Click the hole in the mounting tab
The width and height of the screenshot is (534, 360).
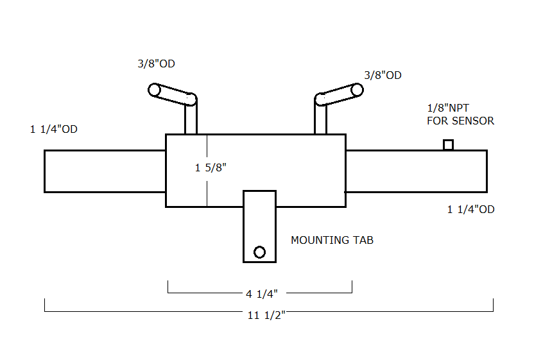(x=259, y=252)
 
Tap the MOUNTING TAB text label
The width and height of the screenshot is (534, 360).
(x=332, y=241)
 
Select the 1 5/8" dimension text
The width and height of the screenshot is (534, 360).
(x=211, y=169)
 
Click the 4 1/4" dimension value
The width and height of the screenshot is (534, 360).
(x=261, y=294)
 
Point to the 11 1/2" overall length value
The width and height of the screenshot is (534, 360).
(x=266, y=315)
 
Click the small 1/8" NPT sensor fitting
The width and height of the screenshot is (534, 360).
(x=449, y=145)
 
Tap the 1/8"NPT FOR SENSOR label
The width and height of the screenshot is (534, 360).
(x=460, y=114)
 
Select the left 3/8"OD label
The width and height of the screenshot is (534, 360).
(x=155, y=64)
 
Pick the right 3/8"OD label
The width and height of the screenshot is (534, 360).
(x=383, y=75)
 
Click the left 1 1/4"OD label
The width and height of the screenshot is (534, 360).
(x=54, y=130)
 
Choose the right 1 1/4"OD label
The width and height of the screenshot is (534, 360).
(x=470, y=209)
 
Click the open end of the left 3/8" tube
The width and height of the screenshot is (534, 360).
(x=155, y=90)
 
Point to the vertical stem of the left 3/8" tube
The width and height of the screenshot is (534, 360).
(x=191, y=120)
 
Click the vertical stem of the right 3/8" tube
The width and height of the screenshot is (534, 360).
(x=320, y=120)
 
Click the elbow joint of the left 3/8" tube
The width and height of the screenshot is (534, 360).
(x=191, y=99)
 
